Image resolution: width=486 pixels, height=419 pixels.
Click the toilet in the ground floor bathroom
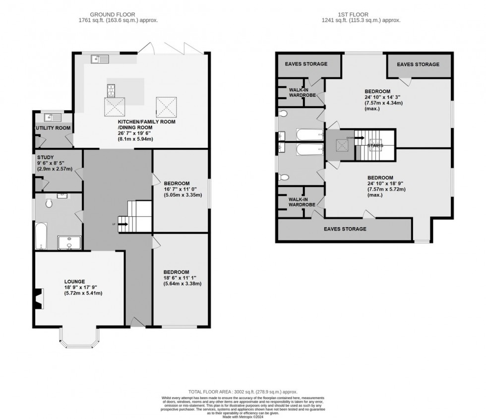click(x=49, y=203)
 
